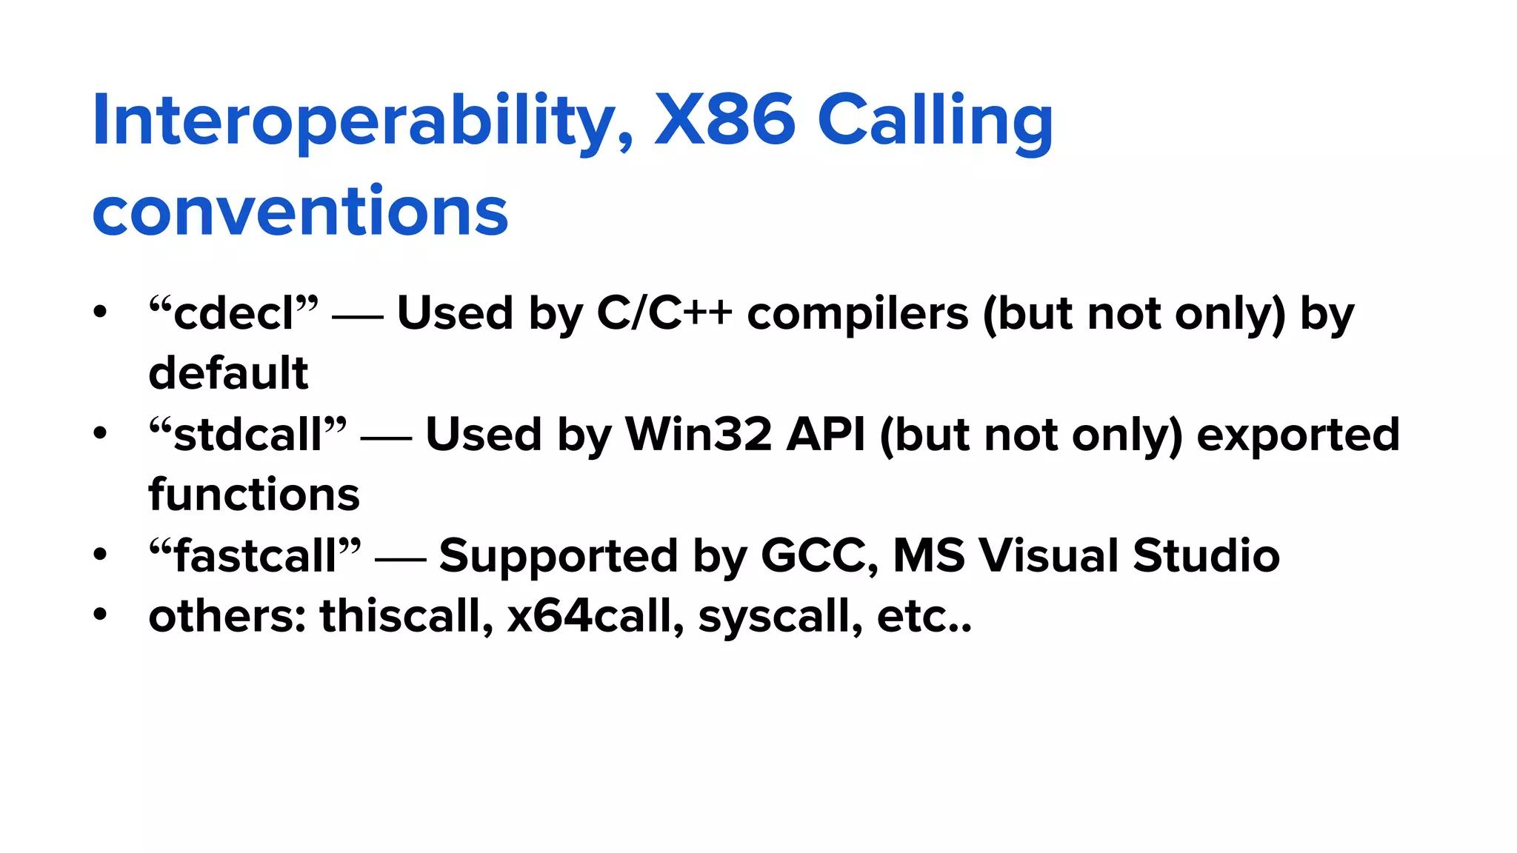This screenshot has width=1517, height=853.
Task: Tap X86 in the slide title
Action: pyautogui.click(x=724, y=121)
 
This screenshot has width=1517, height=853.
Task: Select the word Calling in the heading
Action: pyautogui.click(x=935, y=121)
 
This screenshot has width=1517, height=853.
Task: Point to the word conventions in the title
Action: pyautogui.click(x=300, y=212)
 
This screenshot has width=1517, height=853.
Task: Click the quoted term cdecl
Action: pyautogui.click(x=233, y=313)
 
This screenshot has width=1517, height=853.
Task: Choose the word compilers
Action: pyautogui.click(x=857, y=313)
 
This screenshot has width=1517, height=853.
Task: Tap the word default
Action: pyautogui.click(x=228, y=373)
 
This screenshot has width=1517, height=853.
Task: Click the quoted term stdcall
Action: pyautogui.click(x=247, y=434)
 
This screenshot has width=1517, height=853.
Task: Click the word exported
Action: pyautogui.click(x=1298, y=434)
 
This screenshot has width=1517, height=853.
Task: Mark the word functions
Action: pyautogui.click(x=254, y=495)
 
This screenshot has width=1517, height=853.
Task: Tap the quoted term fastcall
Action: pyautogui.click(x=255, y=555)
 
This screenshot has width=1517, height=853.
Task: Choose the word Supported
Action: pyautogui.click(x=558, y=555)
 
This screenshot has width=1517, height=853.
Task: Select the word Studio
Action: pyautogui.click(x=1206, y=555)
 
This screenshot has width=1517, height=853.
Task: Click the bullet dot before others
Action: pyautogui.click(x=100, y=615)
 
